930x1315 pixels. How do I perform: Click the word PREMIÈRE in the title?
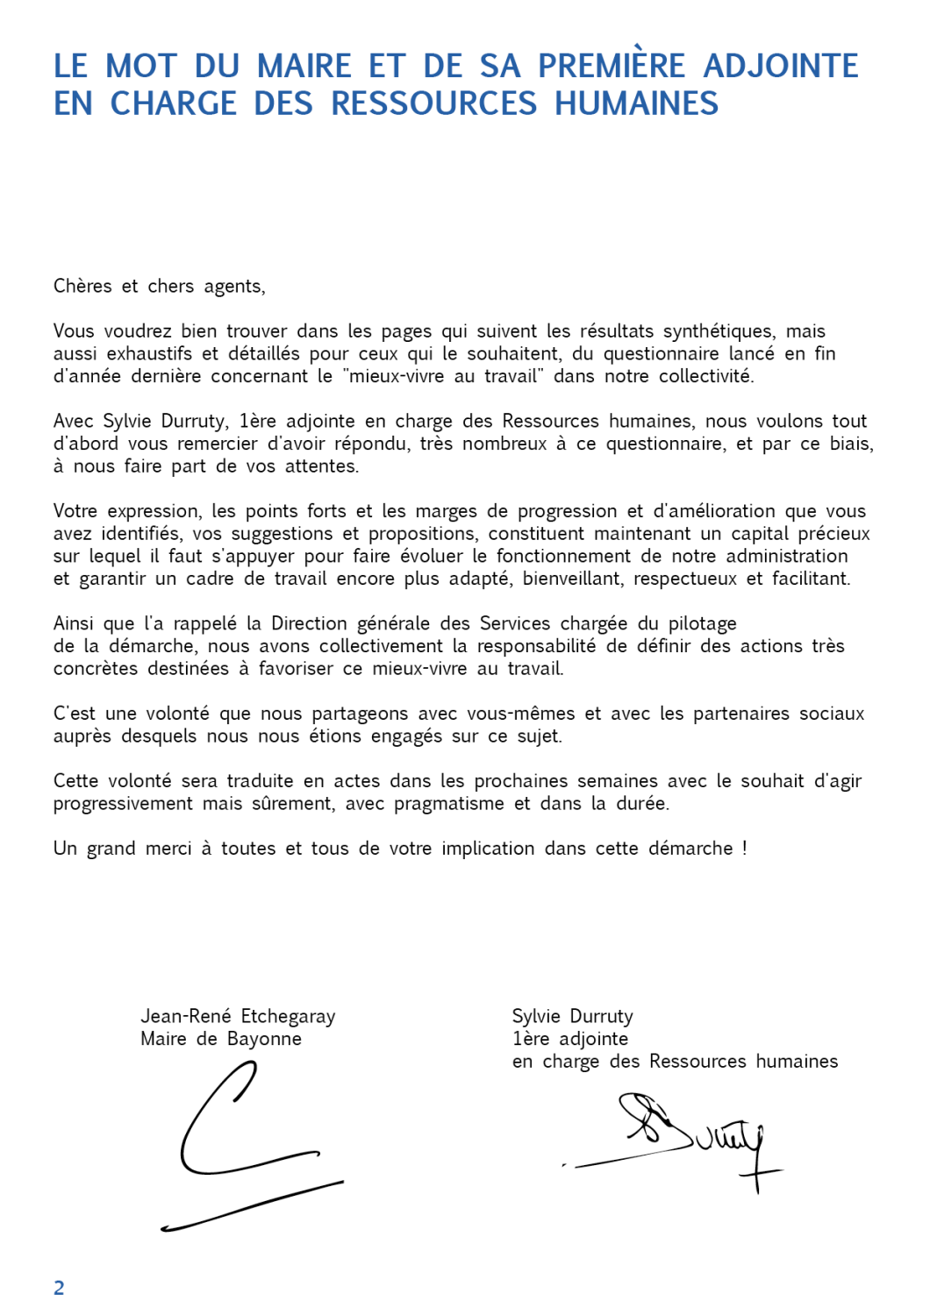pos(611,66)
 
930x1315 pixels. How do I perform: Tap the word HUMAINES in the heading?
pos(636,103)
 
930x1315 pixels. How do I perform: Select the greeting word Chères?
pos(82,287)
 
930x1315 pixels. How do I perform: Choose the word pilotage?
pos(702,623)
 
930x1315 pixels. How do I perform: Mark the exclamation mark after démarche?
pos(744,849)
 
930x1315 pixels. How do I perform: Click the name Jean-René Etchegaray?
pos(238,1016)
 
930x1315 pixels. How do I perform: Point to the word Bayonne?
pos(264,1039)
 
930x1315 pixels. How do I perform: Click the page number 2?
pos(59,1288)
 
